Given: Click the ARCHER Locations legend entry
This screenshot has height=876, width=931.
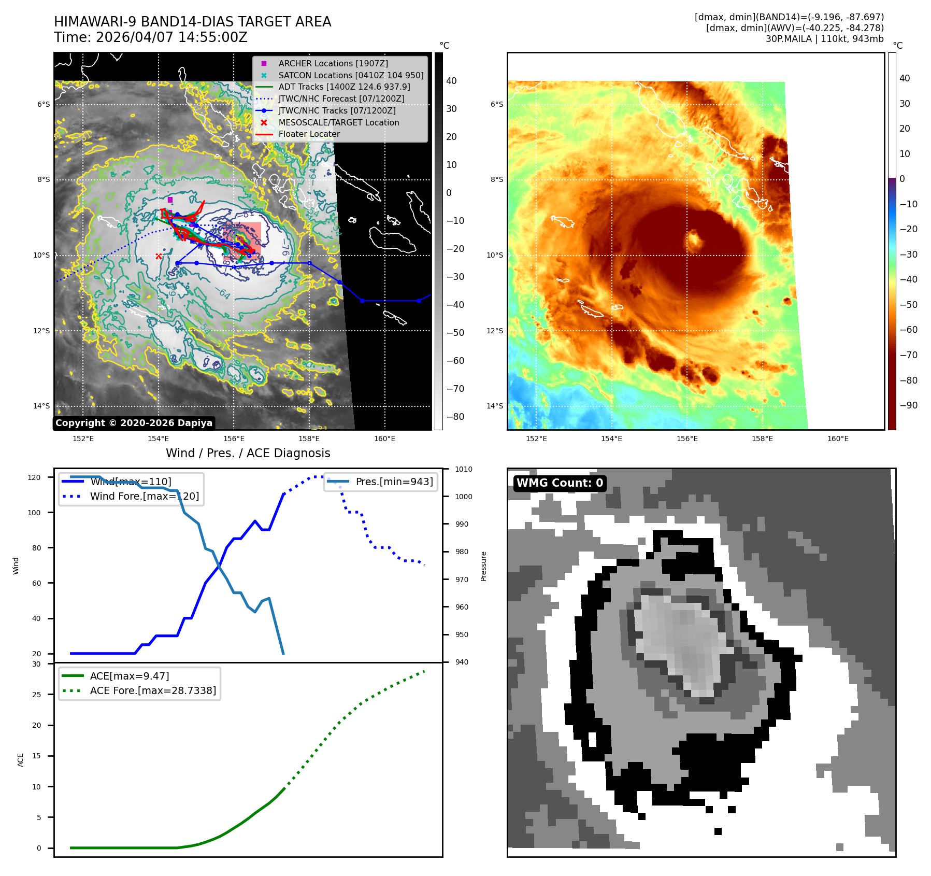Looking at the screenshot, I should (333, 63).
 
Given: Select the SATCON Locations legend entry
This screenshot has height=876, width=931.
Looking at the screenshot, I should (350, 75).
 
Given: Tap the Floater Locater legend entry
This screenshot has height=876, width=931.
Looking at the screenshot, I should (309, 134).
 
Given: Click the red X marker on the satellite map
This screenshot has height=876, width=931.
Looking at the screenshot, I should (159, 256).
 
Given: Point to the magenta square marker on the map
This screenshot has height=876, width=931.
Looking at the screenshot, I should (170, 200).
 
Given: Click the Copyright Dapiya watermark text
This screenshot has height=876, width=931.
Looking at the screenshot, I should (134, 423).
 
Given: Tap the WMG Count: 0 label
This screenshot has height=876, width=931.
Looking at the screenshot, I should (560, 483).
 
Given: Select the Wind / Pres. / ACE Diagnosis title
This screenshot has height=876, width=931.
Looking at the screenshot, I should (248, 453).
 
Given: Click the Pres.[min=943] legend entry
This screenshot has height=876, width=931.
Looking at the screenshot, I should (394, 482).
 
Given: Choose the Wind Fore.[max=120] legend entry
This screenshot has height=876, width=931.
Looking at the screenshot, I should (144, 496).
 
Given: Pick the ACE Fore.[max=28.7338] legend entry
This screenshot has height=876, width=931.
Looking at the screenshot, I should (152, 690).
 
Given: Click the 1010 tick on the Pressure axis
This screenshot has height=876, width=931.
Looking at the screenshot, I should (463, 469).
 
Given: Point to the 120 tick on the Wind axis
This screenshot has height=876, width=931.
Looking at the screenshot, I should (34, 477).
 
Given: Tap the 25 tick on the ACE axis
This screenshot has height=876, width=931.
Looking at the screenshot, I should (37, 695).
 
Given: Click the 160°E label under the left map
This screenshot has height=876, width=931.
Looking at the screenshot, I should (384, 439).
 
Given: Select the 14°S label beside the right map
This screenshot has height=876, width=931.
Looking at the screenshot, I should (494, 406).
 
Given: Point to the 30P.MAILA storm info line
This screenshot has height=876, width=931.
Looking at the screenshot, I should (824, 39).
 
